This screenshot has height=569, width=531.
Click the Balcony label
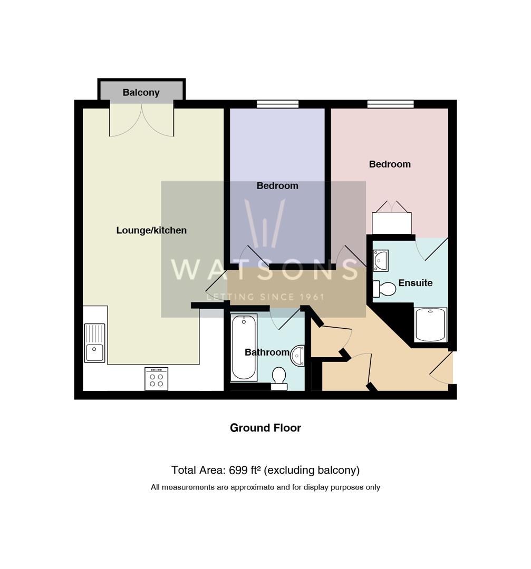point(141,93)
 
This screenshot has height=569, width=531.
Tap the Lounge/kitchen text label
point(151,230)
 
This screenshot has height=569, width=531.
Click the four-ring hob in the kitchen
point(156,379)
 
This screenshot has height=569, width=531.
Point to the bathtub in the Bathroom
point(244,347)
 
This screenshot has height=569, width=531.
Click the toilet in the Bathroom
point(278,378)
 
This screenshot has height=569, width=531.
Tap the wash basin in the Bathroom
point(298,356)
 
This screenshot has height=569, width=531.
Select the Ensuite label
point(415,283)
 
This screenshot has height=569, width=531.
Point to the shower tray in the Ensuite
point(431,325)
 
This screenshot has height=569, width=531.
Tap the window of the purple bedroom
point(277,104)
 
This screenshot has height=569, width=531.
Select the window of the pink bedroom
point(390,104)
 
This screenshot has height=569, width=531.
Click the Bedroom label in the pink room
point(390,164)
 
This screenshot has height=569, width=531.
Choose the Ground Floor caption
point(265,428)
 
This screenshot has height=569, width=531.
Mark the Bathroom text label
point(267,352)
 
